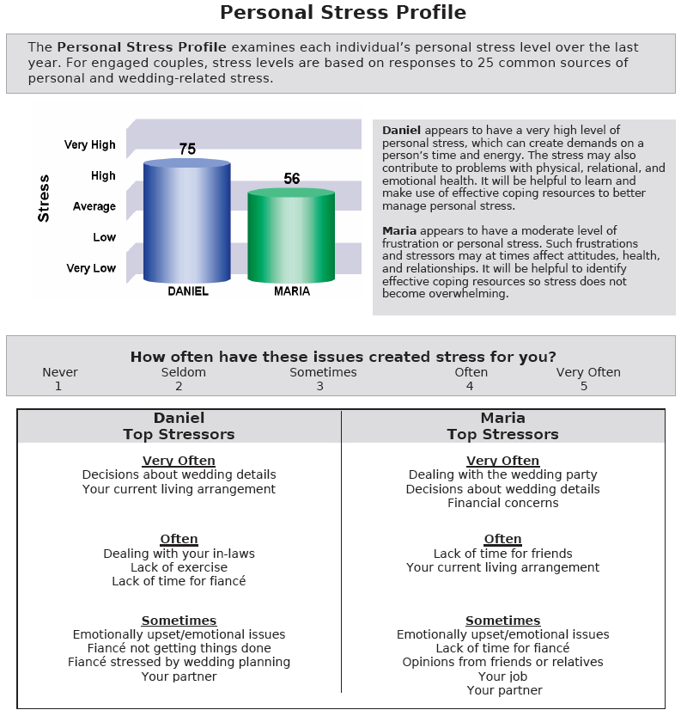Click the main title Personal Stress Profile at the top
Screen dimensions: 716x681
click(343, 13)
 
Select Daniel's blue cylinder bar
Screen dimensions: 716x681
click(186, 222)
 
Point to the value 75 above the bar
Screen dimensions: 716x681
click(187, 149)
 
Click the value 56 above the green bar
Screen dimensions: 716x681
click(292, 179)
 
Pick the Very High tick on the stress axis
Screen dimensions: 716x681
click(90, 145)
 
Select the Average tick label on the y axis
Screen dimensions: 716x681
click(94, 206)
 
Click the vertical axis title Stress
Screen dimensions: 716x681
click(44, 199)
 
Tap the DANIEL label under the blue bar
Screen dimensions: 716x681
click(187, 291)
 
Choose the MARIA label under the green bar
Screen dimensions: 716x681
click(292, 291)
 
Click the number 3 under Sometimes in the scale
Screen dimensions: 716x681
click(319, 386)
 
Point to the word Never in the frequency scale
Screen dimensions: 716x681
click(60, 372)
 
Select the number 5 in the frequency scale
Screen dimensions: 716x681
click(584, 386)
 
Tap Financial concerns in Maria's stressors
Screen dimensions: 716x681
click(502, 503)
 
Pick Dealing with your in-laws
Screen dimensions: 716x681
click(179, 554)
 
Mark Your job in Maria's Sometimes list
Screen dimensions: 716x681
click(502, 676)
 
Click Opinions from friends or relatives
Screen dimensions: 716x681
click(502, 662)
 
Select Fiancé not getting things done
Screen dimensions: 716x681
click(179, 648)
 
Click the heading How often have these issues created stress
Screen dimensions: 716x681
click(343, 357)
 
